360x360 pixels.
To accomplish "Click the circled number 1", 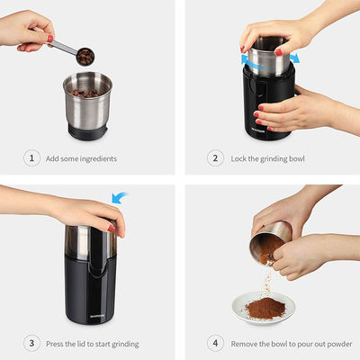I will point(32,159).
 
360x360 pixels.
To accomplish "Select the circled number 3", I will point(32,343).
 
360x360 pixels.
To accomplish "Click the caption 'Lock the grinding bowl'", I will point(271,159).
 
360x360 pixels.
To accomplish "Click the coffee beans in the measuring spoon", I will point(85,56).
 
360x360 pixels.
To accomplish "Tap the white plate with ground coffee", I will point(266,311).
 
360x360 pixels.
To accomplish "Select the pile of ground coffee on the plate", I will point(266,306).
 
